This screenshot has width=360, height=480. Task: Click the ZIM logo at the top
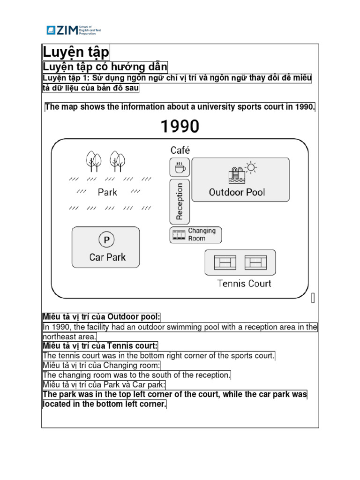pos(73,31)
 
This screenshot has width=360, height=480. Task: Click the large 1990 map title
pos(180,126)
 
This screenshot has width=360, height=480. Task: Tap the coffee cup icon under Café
pos(179,167)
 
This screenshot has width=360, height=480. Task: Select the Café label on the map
pos(180,150)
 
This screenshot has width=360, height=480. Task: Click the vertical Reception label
pos(179,201)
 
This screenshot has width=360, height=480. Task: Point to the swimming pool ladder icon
pos(235,174)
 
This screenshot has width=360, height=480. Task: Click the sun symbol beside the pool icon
pos(251,167)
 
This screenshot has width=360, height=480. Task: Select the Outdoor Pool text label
pos(237,192)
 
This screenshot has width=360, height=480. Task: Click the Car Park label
pos(107,257)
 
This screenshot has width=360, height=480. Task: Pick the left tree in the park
pos(93,161)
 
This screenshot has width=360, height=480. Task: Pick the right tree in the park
pos(117,161)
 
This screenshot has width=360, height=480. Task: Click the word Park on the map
pos(107,192)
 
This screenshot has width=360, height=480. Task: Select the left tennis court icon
pos(225,262)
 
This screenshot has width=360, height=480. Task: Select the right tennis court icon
pos(255,262)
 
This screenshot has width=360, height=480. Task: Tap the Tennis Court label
pos(244,284)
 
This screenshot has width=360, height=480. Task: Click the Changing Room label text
pos(202,234)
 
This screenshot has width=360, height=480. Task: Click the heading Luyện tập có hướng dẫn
pos(105,67)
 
